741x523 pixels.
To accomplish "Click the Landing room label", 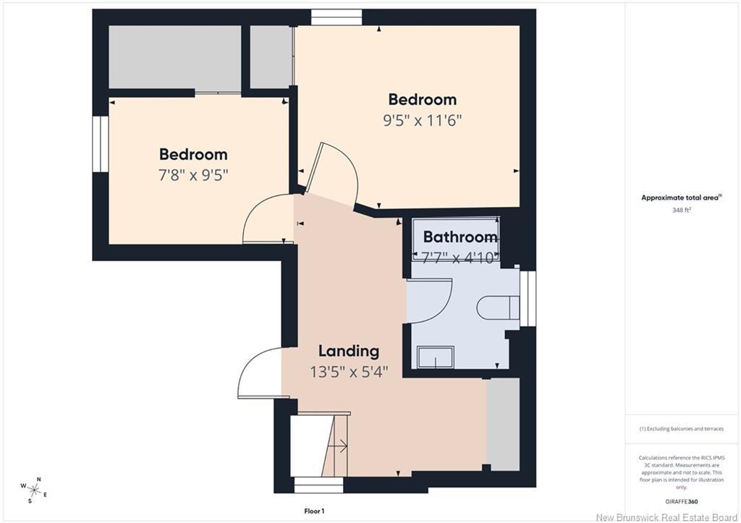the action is [x=349, y=351].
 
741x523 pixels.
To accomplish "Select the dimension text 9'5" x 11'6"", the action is [x=422, y=121].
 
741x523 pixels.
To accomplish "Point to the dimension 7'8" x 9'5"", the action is [x=193, y=176].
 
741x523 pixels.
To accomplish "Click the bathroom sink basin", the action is [x=436, y=357].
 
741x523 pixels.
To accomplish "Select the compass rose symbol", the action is [x=34, y=490].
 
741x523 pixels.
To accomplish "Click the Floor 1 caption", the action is [x=314, y=511].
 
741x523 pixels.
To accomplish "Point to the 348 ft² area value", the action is [x=682, y=211].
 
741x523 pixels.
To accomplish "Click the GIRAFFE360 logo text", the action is [x=682, y=502].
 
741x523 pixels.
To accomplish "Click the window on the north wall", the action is [x=336, y=17].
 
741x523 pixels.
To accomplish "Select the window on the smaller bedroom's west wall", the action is [x=101, y=144].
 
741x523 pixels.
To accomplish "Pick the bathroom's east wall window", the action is [x=528, y=298].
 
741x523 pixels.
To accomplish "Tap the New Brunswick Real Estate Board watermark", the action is [x=666, y=517].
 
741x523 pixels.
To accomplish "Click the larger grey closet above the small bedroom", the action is [x=175, y=56].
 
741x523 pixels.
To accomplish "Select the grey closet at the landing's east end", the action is [x=504, y=424].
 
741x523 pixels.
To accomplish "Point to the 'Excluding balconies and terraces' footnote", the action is [x=682, y=429].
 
